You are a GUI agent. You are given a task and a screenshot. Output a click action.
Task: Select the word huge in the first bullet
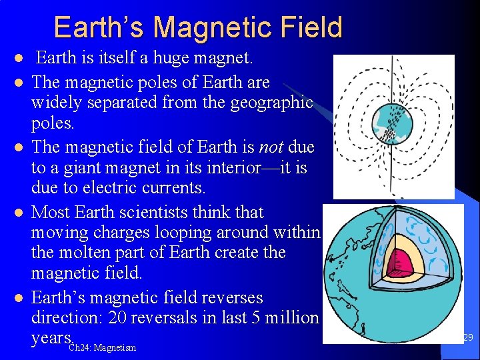coord(171,58)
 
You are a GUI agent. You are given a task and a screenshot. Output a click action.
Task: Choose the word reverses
coord(227,297)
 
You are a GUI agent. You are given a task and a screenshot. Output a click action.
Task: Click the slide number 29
coord(467,338)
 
